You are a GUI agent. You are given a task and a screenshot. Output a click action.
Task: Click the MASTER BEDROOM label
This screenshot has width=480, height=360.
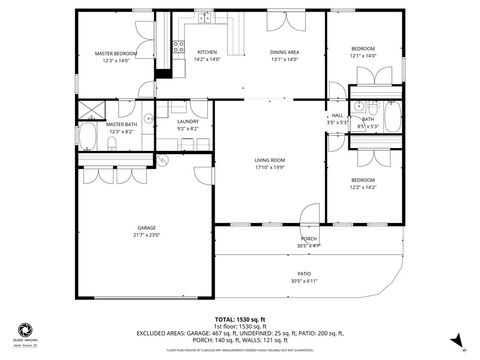[x=116, y=53]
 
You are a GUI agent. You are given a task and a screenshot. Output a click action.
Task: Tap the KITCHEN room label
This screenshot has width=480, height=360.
[x=207, y=52]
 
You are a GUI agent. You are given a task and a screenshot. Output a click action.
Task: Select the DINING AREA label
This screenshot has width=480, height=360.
[x=285, y=52]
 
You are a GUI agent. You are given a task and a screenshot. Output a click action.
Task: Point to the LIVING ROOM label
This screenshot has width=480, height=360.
[x=270, y=160]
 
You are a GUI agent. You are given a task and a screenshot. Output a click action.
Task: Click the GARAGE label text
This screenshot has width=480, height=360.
[x=147, y=228]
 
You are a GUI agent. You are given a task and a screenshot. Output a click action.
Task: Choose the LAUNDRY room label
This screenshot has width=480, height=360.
[x=189, y=122]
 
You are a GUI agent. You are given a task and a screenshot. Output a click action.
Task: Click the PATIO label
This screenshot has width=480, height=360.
[x=303, y=274]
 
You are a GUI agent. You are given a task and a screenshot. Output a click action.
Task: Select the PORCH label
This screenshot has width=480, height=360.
[x=309, y=239]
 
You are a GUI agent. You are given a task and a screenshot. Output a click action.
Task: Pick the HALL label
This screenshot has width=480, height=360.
[x=337, y=115]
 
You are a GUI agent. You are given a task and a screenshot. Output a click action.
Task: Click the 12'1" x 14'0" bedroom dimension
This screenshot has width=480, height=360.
[x=362, y=56]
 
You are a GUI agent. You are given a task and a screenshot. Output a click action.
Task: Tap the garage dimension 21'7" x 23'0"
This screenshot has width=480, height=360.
[x=147, y=235]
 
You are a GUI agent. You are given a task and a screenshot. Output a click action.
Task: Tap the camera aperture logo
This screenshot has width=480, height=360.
[x=21, y=328]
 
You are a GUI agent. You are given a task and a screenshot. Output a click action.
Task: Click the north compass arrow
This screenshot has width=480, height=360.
[x=456, y=340]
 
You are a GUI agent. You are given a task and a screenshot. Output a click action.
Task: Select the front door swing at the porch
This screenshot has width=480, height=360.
[x=309, y=229]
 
